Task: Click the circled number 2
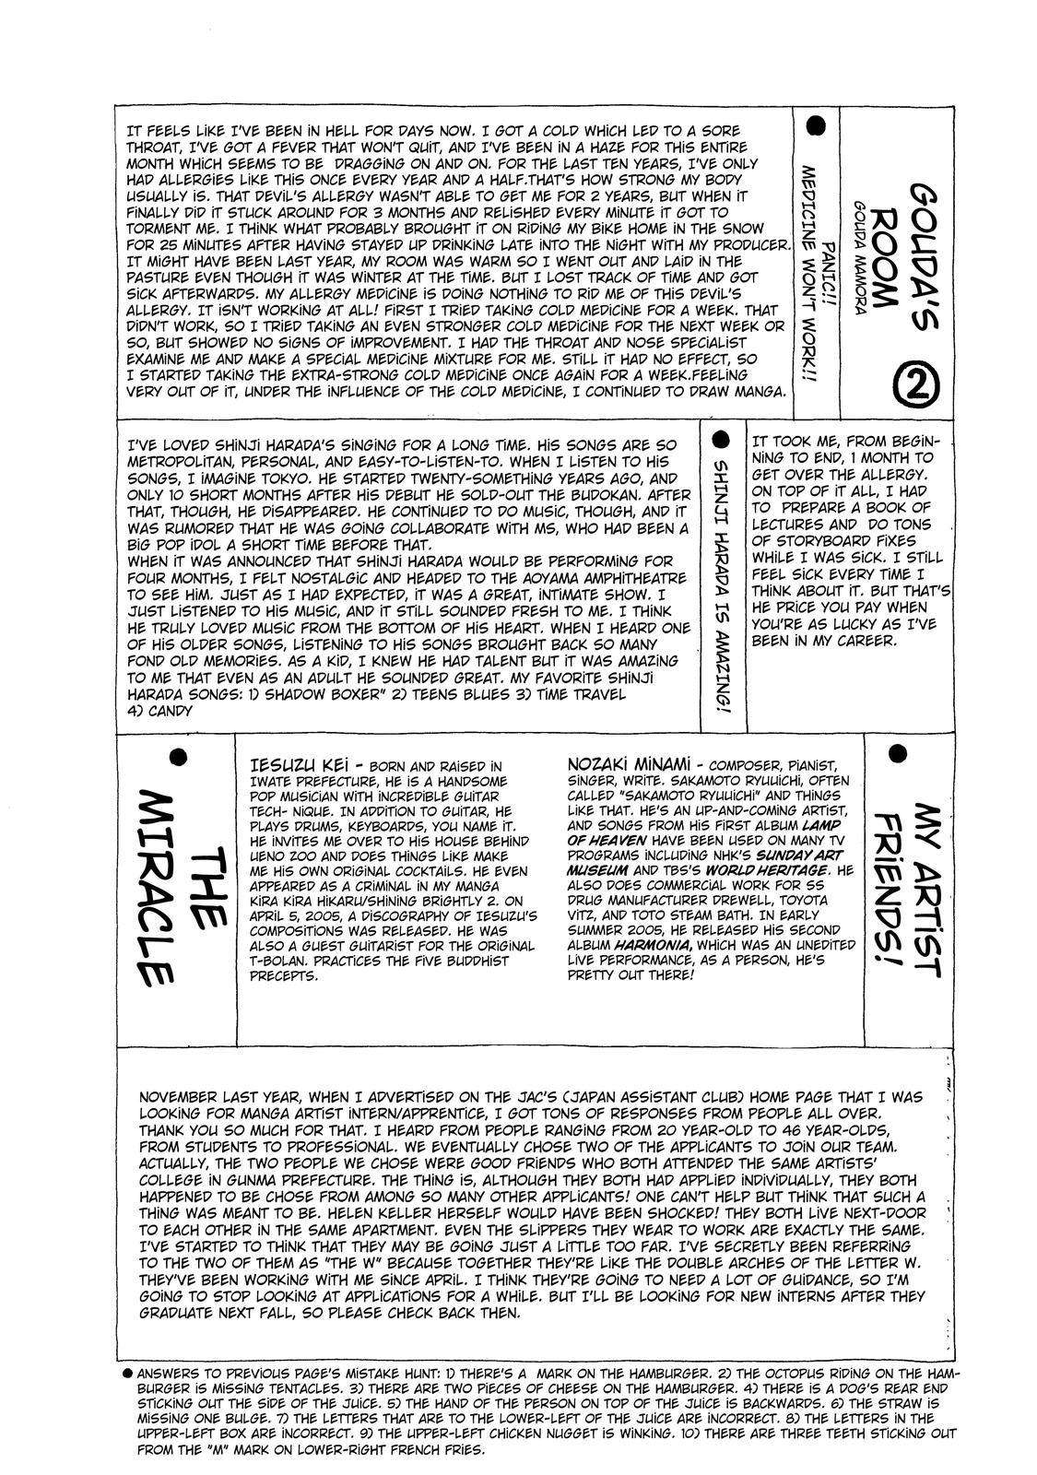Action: click(x=916, y=383)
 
